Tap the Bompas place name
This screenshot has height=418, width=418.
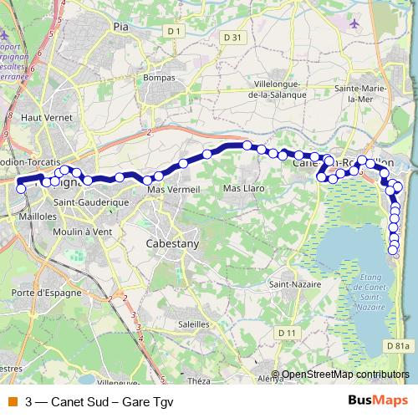pos(159,77)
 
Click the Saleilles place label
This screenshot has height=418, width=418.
pos(194,323)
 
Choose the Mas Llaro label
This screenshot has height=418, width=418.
pos(244,189)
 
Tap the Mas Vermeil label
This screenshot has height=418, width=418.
pos(174,190)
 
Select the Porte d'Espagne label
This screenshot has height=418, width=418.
pos(41,292)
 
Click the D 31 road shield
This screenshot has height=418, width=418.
pos(233,38)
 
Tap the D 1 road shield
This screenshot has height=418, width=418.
pos(174,31)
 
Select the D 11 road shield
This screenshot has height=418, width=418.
pos(288,333)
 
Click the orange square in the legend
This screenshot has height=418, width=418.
pos(12,400)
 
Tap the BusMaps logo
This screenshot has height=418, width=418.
pos(377,400)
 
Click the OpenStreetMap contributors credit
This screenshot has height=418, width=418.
pos(345,375)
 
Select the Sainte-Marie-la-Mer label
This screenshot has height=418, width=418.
pos(361,93)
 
